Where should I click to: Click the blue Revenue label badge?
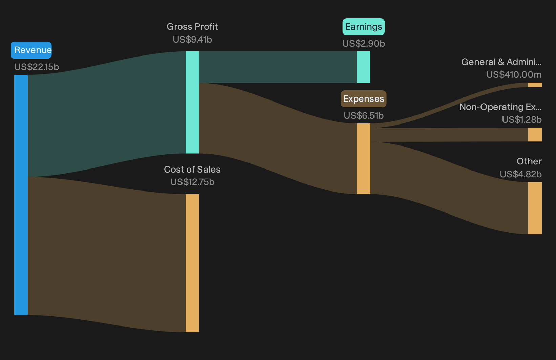coord(31,50)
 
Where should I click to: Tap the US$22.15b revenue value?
coord(37,67)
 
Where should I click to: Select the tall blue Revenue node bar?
coord(21,195)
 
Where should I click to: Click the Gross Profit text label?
coord(192,26)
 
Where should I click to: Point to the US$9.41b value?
coord(192,40)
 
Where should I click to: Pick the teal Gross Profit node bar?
coord(192,103)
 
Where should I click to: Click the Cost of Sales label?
coord(192,170)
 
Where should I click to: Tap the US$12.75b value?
coord(192,182)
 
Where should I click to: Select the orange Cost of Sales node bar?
coord(192,263)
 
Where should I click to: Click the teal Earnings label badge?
coord(364,27)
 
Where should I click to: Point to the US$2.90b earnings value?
coord(364,44)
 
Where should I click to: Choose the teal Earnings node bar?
coord(364,67)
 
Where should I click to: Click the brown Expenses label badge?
coord(364,99)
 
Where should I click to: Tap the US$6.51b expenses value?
coord(364,116)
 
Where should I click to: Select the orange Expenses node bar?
coord(364,159)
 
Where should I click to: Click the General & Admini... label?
coord(501,62)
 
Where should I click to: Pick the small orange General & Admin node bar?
coord(535,85)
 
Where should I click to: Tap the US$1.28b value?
coord(522,120)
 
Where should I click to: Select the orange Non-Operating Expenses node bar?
coord(535,134)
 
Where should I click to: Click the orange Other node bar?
coord(535,208)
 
